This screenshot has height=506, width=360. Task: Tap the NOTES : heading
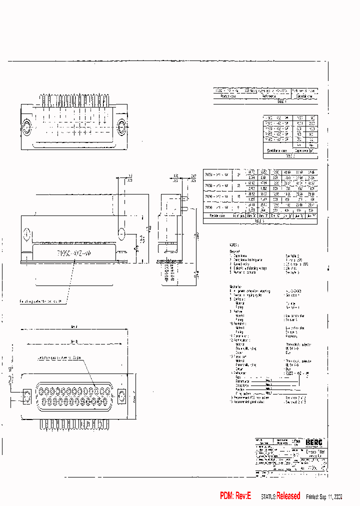pyautogui.click(x=234, y=245)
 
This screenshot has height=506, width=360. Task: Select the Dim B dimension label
pyautogui.click(x=75, y=342)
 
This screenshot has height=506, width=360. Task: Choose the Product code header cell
pyautogui.click(x=228, y=96)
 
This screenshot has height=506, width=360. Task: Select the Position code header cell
pyautogui.click(x=217, y=216)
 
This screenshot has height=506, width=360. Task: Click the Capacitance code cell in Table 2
pyautogui.click(x=277, y=150)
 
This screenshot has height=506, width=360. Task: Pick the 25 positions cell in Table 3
pyautogui.click(x=238, y=185)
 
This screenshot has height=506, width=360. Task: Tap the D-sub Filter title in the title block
pyautogui.click(x=314, y=451)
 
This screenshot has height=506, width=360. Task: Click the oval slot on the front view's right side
pyautogui.click(x=120, y=233)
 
